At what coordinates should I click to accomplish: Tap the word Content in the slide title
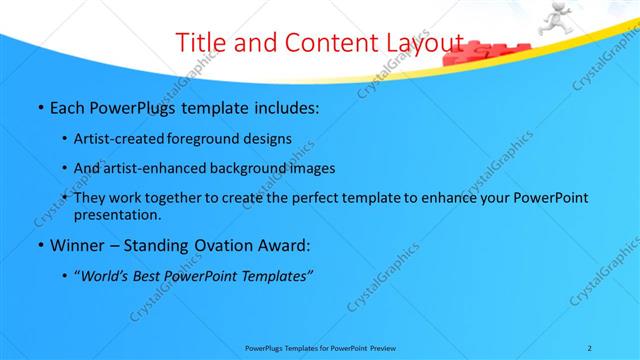pos(316,43)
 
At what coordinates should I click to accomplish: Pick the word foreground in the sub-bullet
pos(216,139)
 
